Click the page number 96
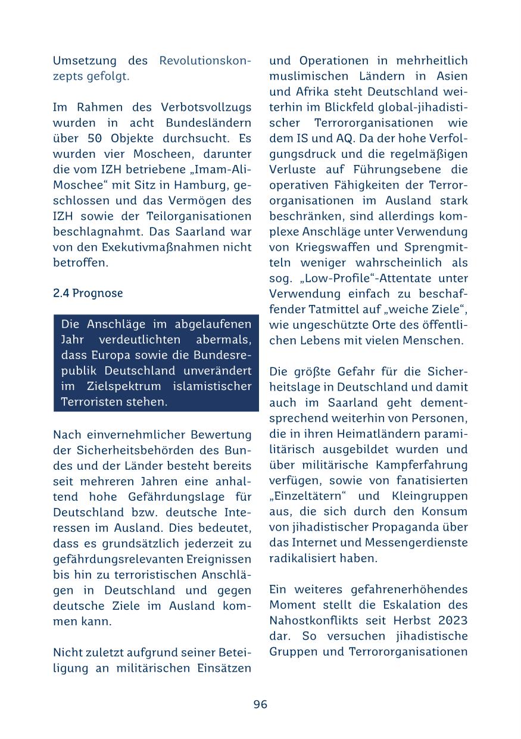[260, 704]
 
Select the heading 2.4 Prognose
[88, 294]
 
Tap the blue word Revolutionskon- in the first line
[205, 61]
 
